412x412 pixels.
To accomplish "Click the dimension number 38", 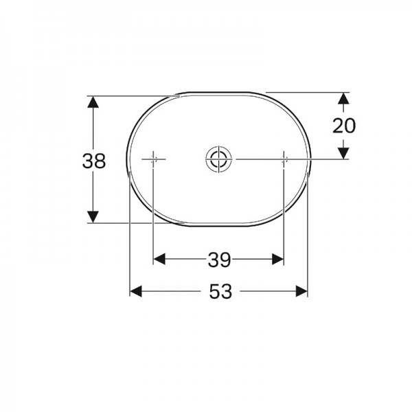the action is [94, 161].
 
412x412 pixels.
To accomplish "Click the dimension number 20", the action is [344, 126].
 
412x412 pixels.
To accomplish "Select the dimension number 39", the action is [220, 260].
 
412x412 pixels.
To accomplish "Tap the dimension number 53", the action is [220, 291].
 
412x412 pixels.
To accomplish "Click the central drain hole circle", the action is [218, 159].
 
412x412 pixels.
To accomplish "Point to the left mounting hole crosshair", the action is [153, 159].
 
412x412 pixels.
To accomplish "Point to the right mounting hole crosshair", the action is [284, 159].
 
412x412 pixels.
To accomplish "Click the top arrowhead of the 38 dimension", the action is [93, 102].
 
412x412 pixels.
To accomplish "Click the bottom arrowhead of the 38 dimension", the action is [93, 217].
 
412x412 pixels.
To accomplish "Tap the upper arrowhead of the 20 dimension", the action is [343, 98].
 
